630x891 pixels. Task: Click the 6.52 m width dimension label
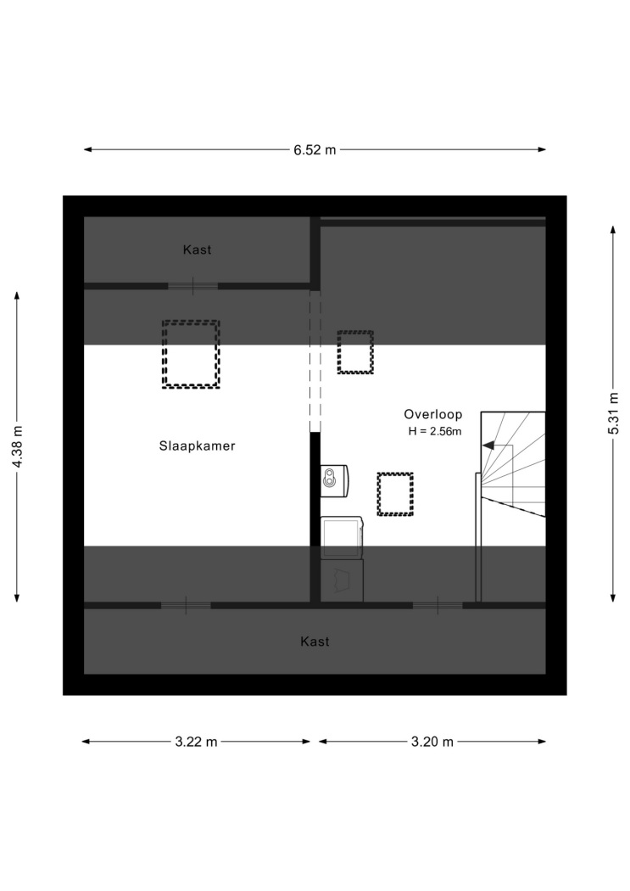coord(315,150)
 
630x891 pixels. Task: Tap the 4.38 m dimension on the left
coord(18,446)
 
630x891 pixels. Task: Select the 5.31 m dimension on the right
coord(613,413)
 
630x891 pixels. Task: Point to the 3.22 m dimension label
coord(197,742)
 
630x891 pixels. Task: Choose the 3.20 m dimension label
coord(432,742)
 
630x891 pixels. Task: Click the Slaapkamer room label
coord(197,446)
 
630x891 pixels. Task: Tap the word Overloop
coord(433,414)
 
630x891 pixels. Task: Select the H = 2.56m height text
coord(435,431)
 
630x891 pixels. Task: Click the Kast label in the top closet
coord(197,249)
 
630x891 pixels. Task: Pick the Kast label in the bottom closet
coord(315,642)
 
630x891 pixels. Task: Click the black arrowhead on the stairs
coord(488,446)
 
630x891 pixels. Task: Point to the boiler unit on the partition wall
coord(334,481)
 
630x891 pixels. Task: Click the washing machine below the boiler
coord(342,537)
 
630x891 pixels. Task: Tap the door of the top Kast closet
coord(193,286)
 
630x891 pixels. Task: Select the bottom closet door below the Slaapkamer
coord(187,606)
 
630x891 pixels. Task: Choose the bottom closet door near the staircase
coord(438,606)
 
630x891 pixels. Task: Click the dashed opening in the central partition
coord(315,361)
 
